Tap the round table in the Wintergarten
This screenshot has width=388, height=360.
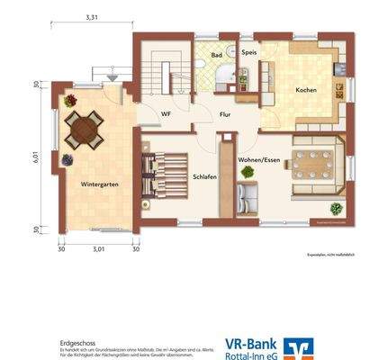87,130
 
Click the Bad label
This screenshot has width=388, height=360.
217,55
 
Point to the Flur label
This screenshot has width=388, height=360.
225,114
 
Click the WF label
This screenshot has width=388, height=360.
166,114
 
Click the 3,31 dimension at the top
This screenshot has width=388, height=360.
92,17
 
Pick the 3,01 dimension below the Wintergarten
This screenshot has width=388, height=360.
99,238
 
